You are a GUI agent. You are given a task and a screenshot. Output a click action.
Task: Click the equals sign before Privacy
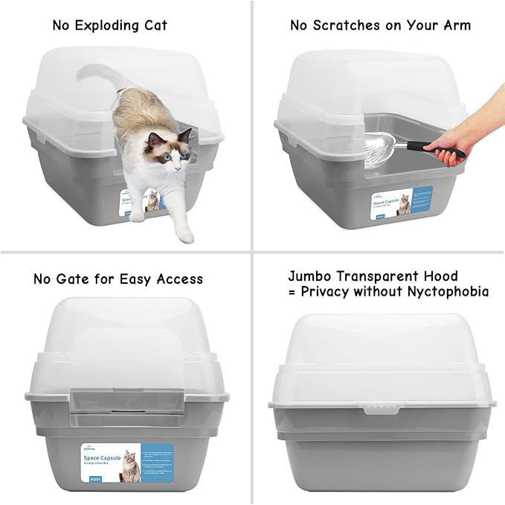click(x=292, y=292)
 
